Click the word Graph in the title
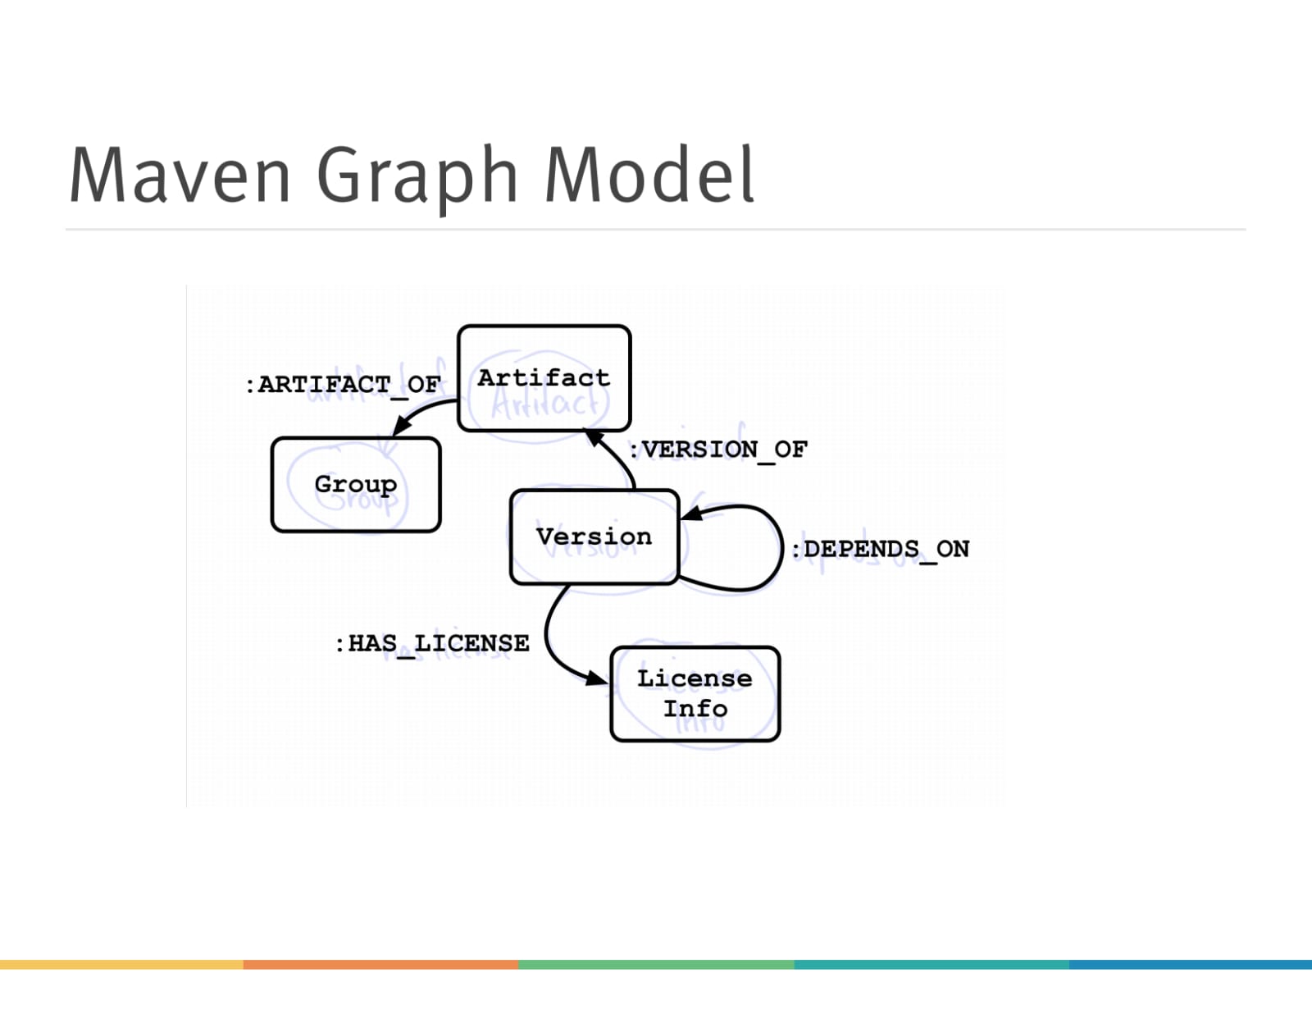[417, 176]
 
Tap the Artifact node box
[544, 378]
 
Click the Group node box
[356, 484]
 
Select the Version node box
[594, 537]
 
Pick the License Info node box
[695, 693]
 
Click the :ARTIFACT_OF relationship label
[343, 384]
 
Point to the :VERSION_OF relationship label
[718, 450]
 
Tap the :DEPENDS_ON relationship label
[879, 549]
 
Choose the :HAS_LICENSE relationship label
[432, 643]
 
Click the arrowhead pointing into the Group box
[402, 425]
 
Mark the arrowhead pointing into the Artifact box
[594, 437]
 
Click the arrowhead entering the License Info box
[597, 678]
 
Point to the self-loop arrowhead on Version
[692, 514]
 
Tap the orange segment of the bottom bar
[380, 965]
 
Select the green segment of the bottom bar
[656, 965]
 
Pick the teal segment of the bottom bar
[932, 965]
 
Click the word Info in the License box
[695, 709]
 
